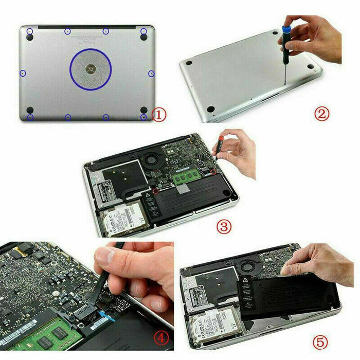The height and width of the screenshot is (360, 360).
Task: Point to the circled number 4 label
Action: click(x=161, y=338)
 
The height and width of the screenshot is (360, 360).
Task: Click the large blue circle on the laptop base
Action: click(x=91, y=68)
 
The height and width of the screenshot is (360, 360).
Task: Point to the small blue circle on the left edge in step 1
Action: click(x=23, y=74)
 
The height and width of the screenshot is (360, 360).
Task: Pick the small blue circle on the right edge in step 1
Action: click(x=151, y=74)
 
